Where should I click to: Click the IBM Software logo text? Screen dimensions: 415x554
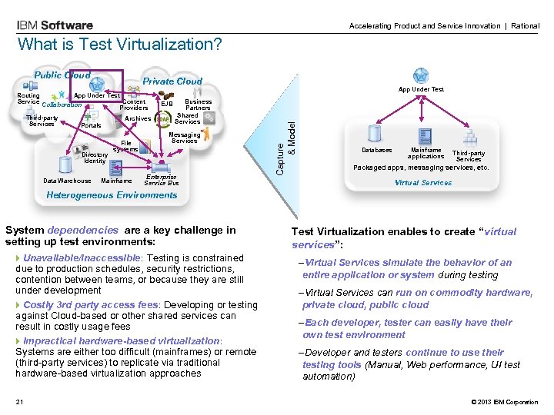(55, 25)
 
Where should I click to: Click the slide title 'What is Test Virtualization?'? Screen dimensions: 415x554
(119, 45)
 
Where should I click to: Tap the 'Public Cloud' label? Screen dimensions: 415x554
(62, 75)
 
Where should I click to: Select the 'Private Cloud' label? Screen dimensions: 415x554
(173, 81)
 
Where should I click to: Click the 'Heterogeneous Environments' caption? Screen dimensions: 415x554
(112, 195)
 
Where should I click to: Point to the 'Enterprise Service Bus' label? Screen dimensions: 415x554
(162, 180)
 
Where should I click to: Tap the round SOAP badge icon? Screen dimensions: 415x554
(163, 119)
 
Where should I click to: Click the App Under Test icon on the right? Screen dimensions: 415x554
(420, 76)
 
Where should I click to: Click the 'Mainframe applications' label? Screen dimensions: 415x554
(426, 153)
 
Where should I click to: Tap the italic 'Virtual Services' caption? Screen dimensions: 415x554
(422, 183)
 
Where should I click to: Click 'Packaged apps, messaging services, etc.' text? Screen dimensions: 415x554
(421, 168)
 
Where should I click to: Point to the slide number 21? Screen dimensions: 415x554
(20, 402)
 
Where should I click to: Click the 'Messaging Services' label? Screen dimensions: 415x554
(185, 138)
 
